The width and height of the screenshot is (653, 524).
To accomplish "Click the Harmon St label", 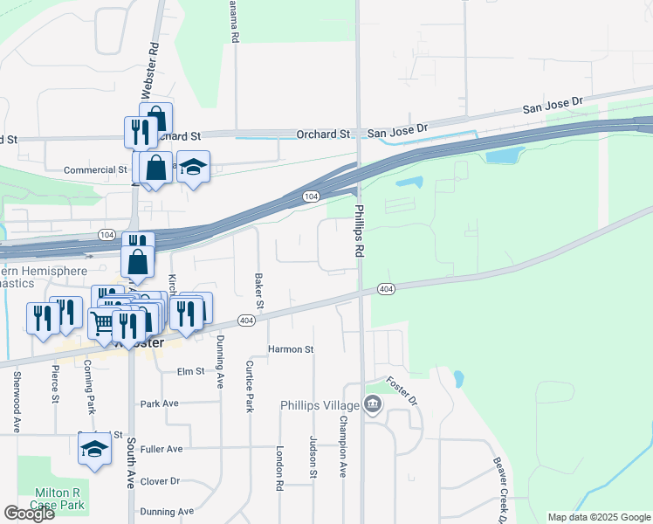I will click(x=291, y=349).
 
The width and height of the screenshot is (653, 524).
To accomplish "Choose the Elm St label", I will click(x=189, y=371).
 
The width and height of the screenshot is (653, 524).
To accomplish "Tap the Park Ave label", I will click(x=159, y=403).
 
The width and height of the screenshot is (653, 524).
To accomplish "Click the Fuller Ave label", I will click(x=162, y=449).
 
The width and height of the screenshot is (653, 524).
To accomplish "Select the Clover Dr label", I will click(x=160, y=481).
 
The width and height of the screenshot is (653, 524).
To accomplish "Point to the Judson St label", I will click(x=313, y=458).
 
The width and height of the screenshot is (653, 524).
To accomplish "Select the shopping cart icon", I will click(x=102, y=322).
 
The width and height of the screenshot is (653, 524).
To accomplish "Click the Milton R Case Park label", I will click(x=58, y=499).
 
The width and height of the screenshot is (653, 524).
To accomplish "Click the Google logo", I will click(x=29, y=514).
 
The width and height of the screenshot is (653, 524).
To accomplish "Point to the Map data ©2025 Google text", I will click(x=598, y=517).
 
